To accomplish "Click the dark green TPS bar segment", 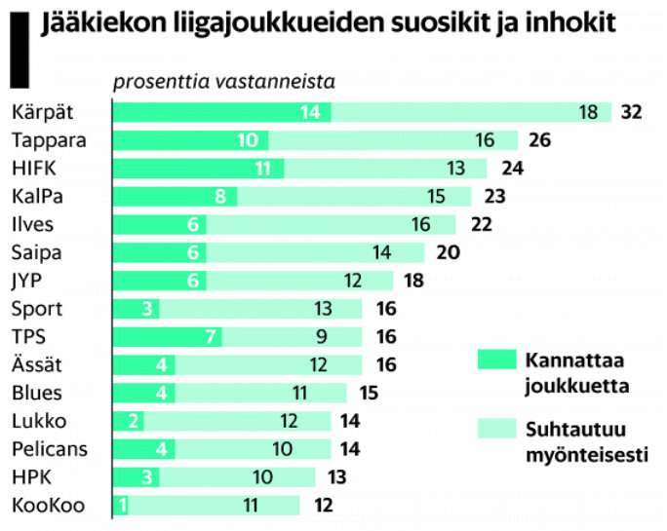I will pos(168,337).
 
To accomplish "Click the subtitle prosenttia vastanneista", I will pos(224,82).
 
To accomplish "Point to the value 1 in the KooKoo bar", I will pos(122,506).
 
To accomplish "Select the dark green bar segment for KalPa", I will pos(176,196).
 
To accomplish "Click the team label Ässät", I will pos(38,365).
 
